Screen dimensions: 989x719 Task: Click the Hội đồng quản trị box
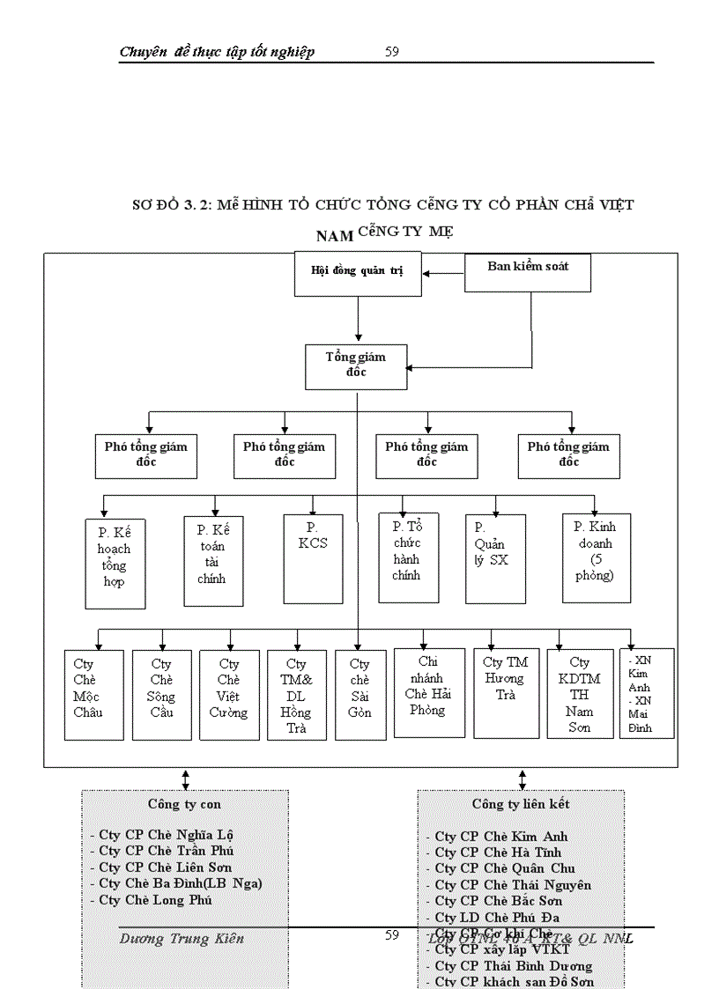pos(358,271)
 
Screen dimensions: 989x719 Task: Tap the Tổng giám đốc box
pos(356,365)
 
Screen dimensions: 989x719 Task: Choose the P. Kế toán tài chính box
pos(213,561)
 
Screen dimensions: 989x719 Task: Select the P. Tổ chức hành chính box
pos(408,558)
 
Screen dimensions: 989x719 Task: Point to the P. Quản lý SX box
pos(495,558)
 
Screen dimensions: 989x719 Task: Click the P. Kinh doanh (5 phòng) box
pos(596,558)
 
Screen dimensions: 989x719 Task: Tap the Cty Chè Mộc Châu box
pos(93,695)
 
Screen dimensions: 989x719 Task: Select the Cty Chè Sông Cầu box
pos(161,695)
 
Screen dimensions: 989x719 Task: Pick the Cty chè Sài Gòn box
pos(360,695)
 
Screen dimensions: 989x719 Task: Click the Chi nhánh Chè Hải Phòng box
pos(428,693)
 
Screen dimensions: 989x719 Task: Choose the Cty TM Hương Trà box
pos(506,693)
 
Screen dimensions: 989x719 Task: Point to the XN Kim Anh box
pos(647,693)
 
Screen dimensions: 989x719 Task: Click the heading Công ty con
pos(184,804)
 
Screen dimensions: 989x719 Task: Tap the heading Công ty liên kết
pos(520,804)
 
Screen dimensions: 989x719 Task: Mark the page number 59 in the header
pos(392,51)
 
